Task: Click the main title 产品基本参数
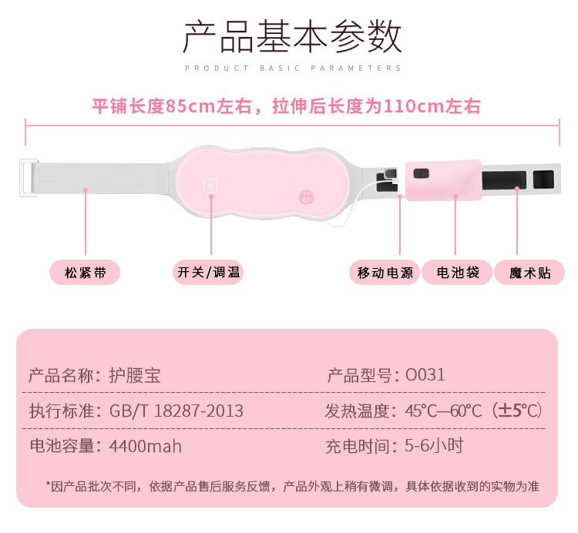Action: click(292, 37)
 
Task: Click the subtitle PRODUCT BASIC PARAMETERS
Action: click(293, 69)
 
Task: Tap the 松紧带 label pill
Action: click(85, 272)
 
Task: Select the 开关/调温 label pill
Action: click(208, 272)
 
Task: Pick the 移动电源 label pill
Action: click(385, 272)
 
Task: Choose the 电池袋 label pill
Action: click(458, 272)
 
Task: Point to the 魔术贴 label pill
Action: click(530, 272)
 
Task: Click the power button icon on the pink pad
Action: click(210, 186)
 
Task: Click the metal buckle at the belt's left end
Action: click(29, 179)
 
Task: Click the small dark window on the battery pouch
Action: click(421, 174)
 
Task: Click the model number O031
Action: click(425, 376)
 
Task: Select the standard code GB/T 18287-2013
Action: click(176, 411)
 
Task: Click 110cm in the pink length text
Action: click(399, 106)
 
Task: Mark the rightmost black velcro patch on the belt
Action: click(543, 179)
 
